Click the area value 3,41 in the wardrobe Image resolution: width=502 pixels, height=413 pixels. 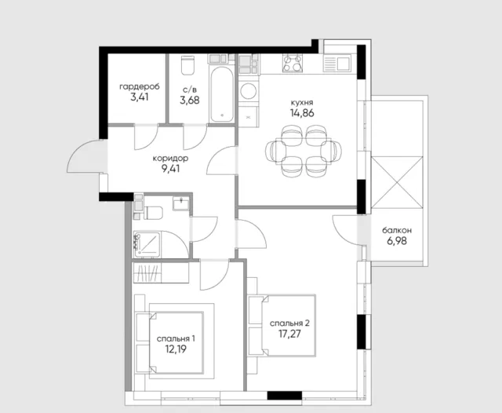click(140, 97)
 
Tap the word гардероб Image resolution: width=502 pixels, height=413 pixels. click(140, 87)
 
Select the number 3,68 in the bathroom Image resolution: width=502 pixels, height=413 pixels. click(190, 100)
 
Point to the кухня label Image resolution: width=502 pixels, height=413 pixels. click(302, 103)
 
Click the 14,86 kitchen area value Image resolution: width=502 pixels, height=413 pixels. click(302, 113)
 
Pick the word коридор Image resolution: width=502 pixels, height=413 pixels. click(170, 159)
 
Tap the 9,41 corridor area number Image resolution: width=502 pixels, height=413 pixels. click(171, 169)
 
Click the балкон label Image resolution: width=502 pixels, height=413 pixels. click(397, 230)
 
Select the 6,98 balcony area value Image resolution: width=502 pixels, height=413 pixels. click(397, 241)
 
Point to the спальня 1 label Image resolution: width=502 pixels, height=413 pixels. click(176, 339)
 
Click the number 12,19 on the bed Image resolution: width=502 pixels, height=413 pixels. click(176, 349)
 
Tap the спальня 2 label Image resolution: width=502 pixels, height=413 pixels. click(289, 323)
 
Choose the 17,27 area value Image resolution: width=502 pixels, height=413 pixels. click(289, 334)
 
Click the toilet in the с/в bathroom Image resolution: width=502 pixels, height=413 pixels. click(187, 65)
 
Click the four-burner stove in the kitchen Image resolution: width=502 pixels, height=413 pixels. click(293, 63)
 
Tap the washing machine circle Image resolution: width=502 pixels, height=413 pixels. click(248, 91)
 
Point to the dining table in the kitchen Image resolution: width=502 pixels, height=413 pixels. click(304, 151)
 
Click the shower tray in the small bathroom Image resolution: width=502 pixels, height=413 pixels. click(147, 245)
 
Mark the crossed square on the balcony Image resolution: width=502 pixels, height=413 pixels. click(397, 183)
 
